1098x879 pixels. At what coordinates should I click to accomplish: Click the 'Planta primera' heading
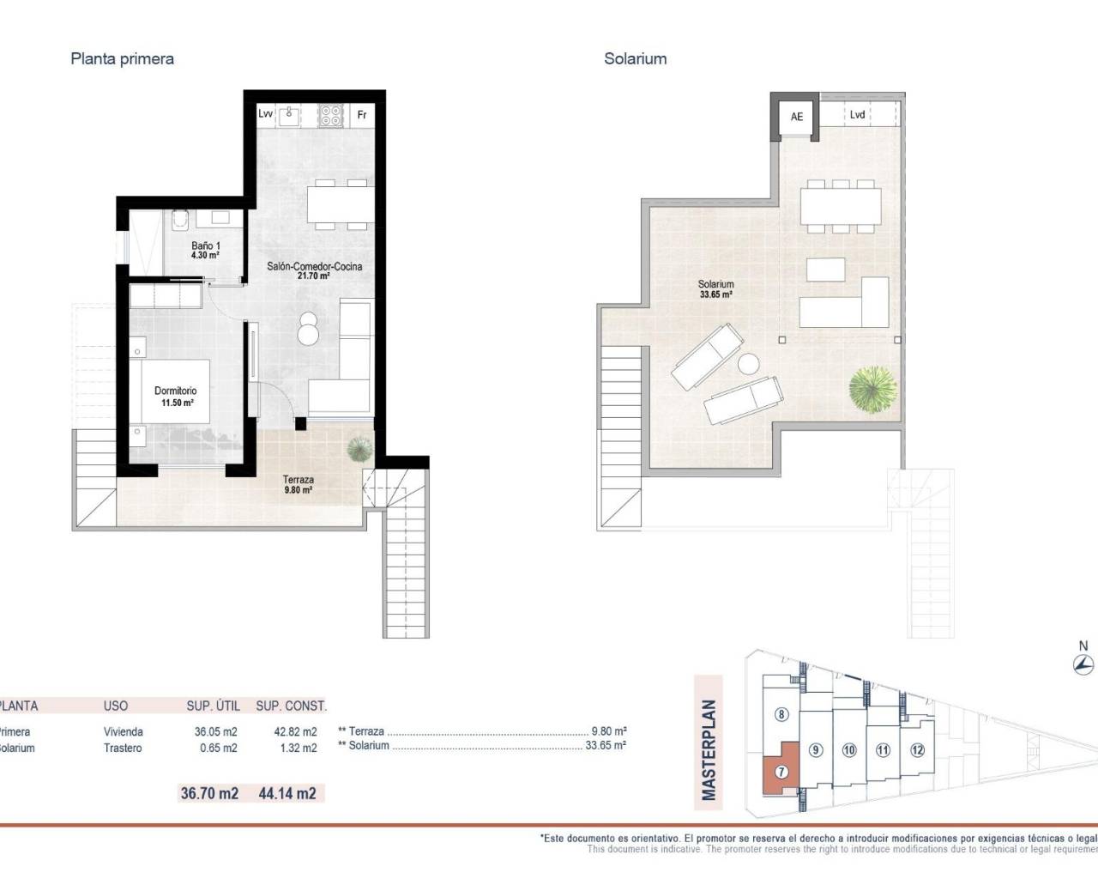pyautogui.click(x=122, y=59)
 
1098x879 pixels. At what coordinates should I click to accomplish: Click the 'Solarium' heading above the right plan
pyautogui.click(x=635, y=59)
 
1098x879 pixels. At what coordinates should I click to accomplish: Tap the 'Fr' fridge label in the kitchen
pyautogui.click(x=362, y=115)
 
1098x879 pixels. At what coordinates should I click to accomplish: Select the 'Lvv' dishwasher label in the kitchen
pyautogui.click(x=266, y=114)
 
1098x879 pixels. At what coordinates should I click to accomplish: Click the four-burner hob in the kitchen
pyautogui.click(x=330, y=115)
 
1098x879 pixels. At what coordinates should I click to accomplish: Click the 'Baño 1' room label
pyautogui.click(x=206, y=246)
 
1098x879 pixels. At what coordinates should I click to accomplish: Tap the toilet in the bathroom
pyautogui.click(x=179, y=220)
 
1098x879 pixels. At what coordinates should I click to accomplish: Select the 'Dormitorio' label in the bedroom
pyautogui.click(x=176, y=391)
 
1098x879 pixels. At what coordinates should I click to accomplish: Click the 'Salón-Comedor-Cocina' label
pyautogui.click(x=314, y=267)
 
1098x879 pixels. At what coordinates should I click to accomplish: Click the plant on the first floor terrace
pyautogui.click(x=359, y=449)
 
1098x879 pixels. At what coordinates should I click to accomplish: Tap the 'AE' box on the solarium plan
pyautogui.click(x=797, y=117)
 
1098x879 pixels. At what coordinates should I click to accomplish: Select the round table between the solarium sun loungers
pyautogui.click(x=748, y=364)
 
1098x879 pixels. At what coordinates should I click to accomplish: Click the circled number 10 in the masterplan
pyautogui.click(x=849, y=750)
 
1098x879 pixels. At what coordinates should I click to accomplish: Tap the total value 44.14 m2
pyautogui.click(x=287, y=794)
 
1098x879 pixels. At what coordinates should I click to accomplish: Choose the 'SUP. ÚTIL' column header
pyautogui.click(x=212, y=706)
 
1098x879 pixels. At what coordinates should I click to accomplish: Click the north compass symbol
pyautogui.click(x=1083, y=664)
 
